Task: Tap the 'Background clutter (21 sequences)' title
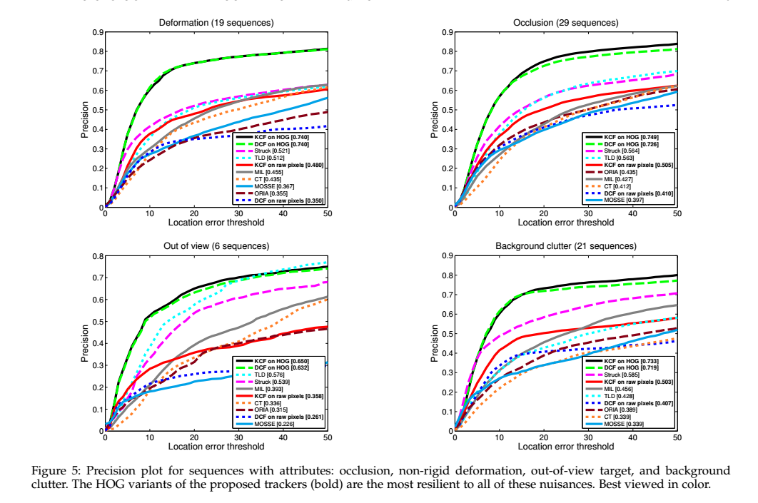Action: (x=565, y=246)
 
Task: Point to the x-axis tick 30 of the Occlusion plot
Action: (x=588, y=213)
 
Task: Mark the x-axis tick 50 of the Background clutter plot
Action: (x=677, y=437)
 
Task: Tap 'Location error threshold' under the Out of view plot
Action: (x=216, y=447)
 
